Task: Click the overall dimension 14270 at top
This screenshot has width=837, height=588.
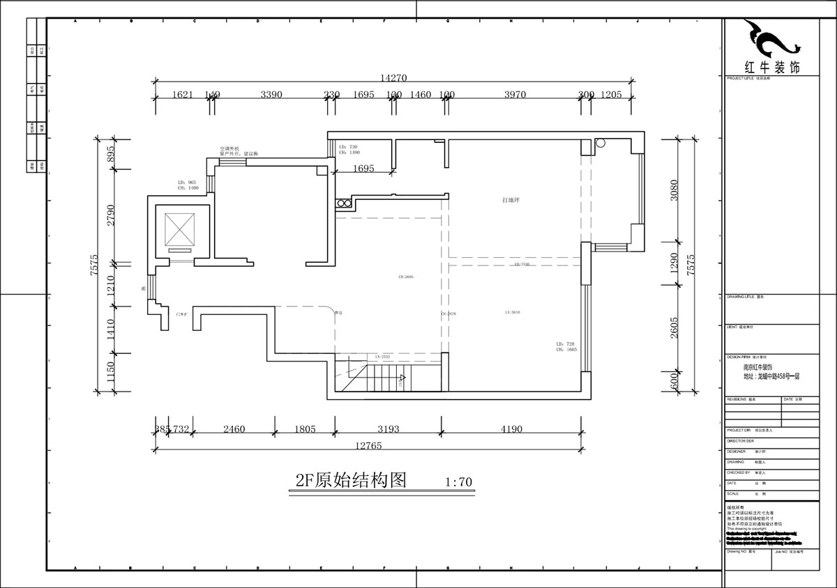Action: point(393,78)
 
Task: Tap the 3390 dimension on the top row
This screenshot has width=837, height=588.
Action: point(271,95)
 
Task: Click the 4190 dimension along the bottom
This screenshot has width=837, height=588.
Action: point(511,429)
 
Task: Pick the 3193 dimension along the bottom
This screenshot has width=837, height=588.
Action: point(388,429)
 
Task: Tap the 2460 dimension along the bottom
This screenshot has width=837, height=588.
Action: point(234,429)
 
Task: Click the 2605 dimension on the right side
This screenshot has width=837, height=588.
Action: point(674,327)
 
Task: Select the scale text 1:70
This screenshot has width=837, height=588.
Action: point(458,482)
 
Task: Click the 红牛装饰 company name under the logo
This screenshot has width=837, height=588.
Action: point(772,67)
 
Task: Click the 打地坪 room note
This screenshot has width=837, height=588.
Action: point(511,200)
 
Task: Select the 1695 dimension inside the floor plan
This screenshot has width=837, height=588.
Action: point(363,168)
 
